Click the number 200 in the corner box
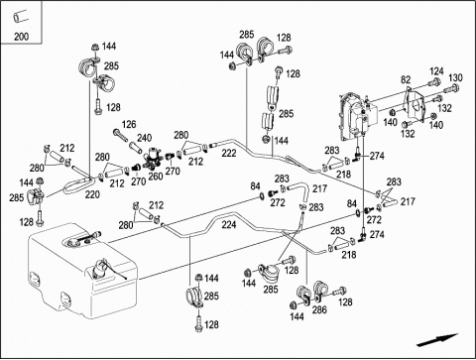pyautogui.click(x=21, y=36)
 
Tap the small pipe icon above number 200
pyautogui.click(x=20, y=16)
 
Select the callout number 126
pyautogui.click(x=129, y=124)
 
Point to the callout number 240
pyautogui.click(x=145, y=138)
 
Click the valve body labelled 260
pyautogui.click(x=153, y=157)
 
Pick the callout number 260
pyautogui.click(x=156, y=177)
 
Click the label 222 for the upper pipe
pyautogui.click(x=229, y=153)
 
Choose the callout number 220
pyautogui.click(x=92, y=194)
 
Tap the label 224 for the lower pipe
pyautogui.click(x=229, y=225)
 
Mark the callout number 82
pyautogui.click(x=406, y=79)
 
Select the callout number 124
pyautogui.click(x=436, y=71)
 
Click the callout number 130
pyautogui.click(x=455, y=77)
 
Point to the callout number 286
pyautogui.click(x=319, y=309)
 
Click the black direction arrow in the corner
pyautogui.click(x=437, y=340)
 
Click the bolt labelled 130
pyautogui.click(x=451, y=89)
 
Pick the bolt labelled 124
pyautogui.click(x=434, y=81)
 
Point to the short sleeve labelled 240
pyautogui.click(x=135, y=147)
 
